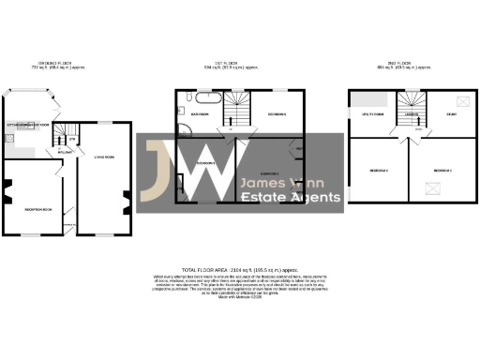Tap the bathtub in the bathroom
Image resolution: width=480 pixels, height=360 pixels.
point(207,98)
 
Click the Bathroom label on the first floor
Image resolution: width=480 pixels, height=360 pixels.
point(199,113)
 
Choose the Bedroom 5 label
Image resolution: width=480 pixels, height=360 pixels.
point(277,113)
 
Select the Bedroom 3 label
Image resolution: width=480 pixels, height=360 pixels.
point(442,170)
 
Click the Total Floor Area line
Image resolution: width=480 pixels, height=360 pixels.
point(239,266)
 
